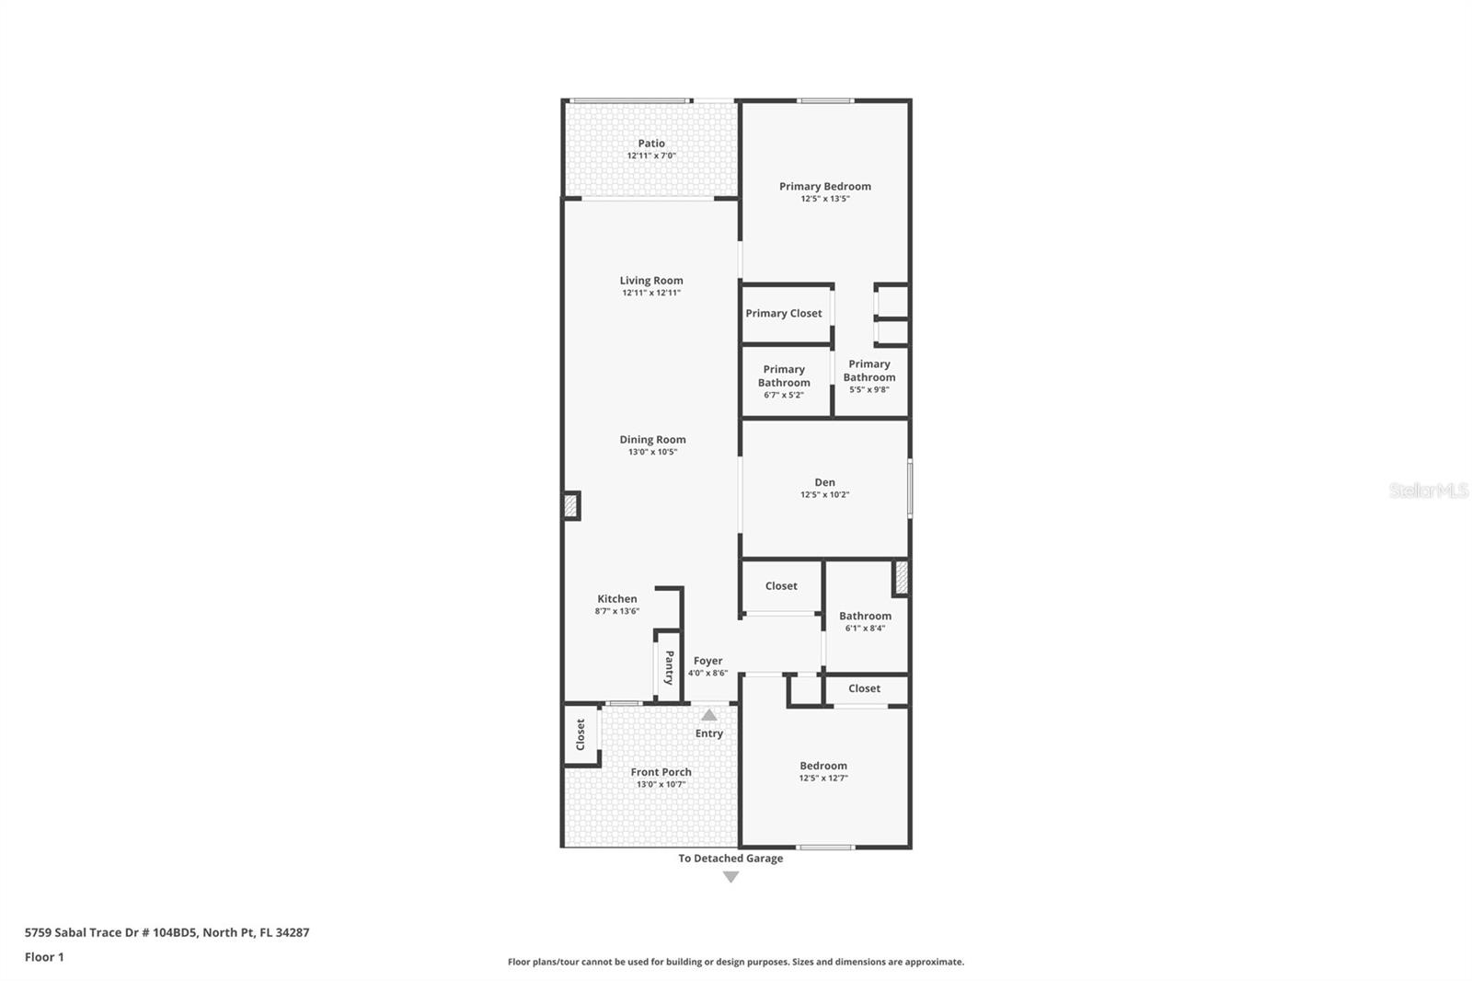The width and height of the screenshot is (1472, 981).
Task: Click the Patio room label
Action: pos(651,144)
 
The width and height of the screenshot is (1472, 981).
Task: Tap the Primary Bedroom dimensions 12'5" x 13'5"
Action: pos(824,199)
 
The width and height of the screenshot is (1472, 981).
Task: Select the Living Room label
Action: pos(651,281)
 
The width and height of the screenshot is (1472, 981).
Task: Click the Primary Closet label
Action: pos(784,314)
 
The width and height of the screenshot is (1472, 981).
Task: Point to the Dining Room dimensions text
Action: pos(652,452)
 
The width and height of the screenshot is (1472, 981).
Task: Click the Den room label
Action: pos(824,482)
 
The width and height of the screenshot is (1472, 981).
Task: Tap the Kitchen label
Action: pos(616,599)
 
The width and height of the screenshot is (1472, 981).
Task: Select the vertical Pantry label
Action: pos(670,667)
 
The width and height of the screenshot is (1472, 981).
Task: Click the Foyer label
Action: pos(707,661)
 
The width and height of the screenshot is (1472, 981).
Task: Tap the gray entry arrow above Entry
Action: pos(708,715)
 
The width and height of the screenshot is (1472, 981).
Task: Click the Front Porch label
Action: pos(661,772)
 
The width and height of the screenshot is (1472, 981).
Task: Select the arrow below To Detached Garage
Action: pos(730,877)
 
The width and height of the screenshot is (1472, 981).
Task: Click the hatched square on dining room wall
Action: pos(570,505)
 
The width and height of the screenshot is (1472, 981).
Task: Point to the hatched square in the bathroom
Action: pos(902,577)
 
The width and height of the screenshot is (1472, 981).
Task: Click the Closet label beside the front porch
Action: pos(581,734)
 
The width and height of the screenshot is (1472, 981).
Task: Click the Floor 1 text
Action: pos(44,957)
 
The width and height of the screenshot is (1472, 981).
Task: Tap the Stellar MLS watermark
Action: pos(1428,490)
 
